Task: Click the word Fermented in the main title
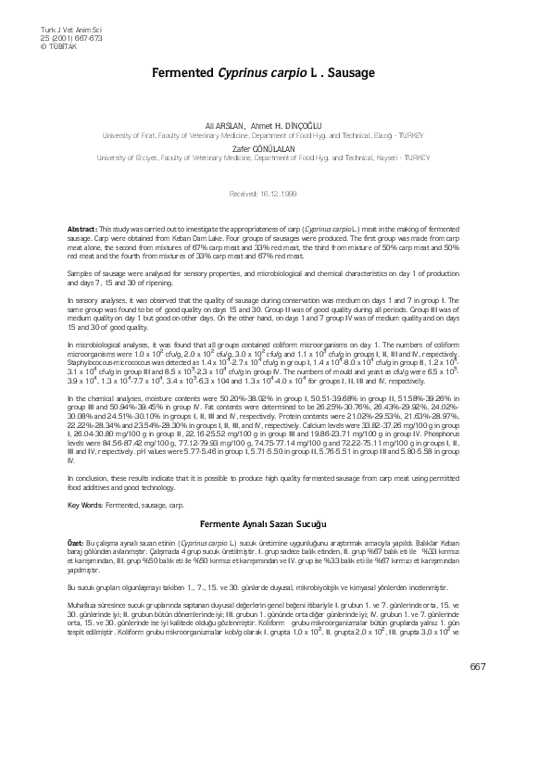[181, 70]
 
